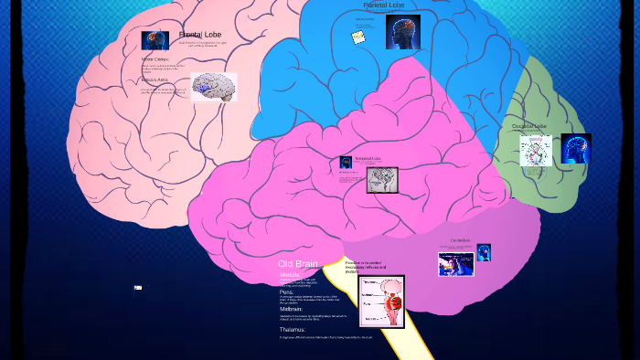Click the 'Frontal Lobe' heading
click(x=200, y=34)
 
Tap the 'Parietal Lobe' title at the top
click(x=383, y=5)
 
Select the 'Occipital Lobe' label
click(x=529, y=126)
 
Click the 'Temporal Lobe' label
click(x=367, y=159)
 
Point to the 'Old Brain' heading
click(x=297, y=263)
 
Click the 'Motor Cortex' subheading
click(x=155, y=59)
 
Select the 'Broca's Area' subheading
click(x=155, y=79)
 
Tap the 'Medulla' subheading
click(x=291, y=273)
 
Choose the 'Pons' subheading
click(x=286, y=291)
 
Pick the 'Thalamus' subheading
click(x=293, y=329)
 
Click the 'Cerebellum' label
click(x=460, y=241)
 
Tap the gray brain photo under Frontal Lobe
click(x=213, y=87)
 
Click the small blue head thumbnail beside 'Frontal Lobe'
click(x=155, y=40)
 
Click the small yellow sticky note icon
click(x=358, y=37)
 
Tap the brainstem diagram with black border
click(x=381, y=301)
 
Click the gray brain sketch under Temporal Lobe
click(x=382, y=179)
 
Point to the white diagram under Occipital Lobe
click(x=535, y=150)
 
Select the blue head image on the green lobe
click(x=576, y=148)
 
